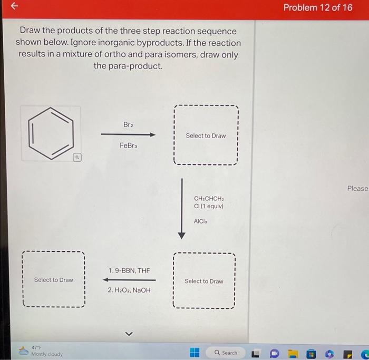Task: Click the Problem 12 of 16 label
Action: pos(317,7)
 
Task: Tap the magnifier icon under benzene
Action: pos(76,157)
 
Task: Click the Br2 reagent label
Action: pos(128,125)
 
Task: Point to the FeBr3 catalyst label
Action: pos(128,145)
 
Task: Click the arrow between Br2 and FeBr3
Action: pos(129,135)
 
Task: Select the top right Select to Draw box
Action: pos(206,135)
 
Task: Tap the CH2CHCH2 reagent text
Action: pos(209,199)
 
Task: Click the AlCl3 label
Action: pos(201,222)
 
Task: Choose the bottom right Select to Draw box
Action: pos(203,281)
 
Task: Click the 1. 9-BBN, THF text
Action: pos(129,270)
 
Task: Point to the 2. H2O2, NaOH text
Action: pos(129,290)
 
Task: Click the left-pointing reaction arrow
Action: pos(129,280)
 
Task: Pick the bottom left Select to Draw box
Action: pos(53,279)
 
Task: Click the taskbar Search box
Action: pos(226,353)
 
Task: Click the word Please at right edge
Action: pos(357,188)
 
